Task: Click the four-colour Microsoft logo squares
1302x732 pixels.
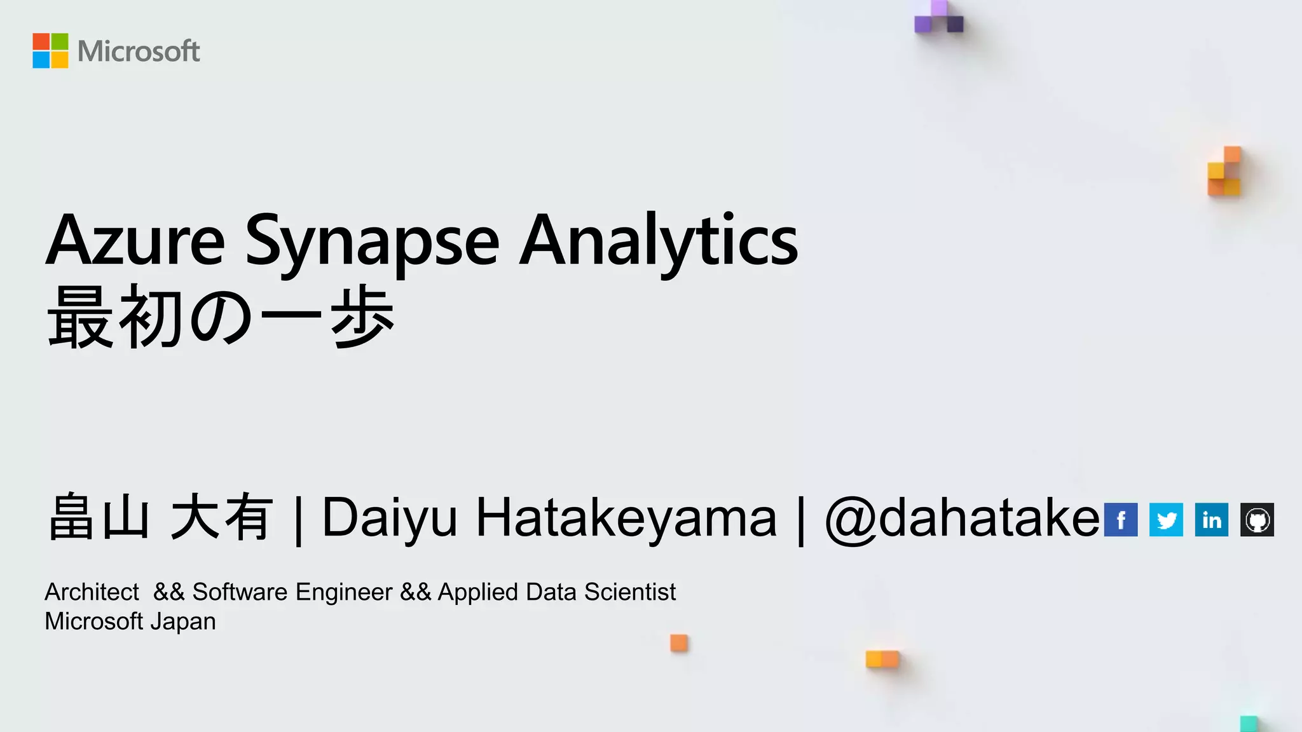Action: point(50,51)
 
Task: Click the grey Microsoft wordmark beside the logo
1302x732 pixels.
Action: point(139,51)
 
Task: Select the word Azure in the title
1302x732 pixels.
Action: point(135,241)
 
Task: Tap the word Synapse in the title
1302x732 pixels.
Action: point(372,242)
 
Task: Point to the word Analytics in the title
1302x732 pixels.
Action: point(658,242)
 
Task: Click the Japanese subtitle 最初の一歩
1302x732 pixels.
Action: point(221,316)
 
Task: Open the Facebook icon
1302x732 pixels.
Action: point(1121,520)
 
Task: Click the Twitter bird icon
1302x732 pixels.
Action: point(1166,520)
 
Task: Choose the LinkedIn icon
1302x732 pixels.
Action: point(1211,520)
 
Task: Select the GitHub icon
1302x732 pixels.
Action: point(1257,520)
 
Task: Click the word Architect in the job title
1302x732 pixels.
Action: point(92,592)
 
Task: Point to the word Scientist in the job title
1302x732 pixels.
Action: point(629,592)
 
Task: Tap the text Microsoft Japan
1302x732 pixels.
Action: point(130,621)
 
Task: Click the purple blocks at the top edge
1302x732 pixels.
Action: point(939,17)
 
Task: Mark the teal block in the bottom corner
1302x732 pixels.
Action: point(1249,724)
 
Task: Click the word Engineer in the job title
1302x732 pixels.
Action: point(344,592)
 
